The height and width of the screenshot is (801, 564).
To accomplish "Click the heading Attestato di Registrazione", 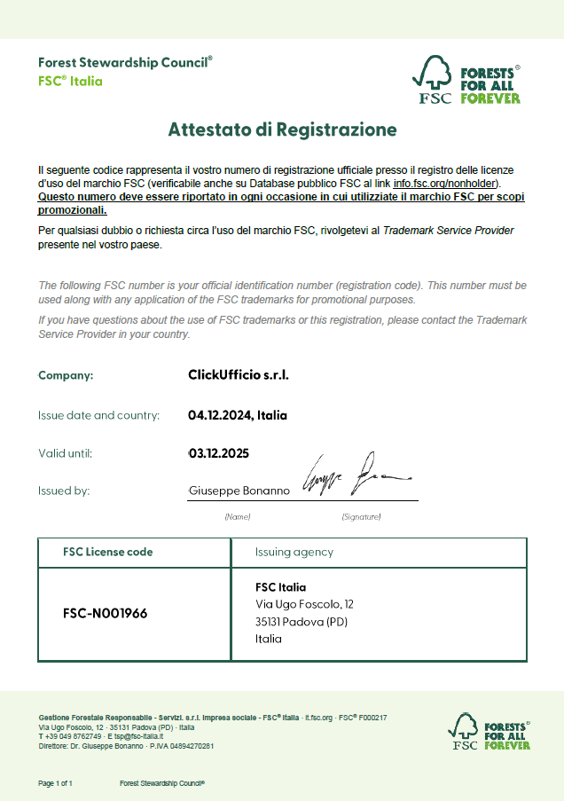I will click(x=282, y=130).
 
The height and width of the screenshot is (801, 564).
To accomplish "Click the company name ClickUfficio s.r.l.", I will click(x=239, y=374).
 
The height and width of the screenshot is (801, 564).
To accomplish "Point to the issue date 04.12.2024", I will click(x=221, y=415).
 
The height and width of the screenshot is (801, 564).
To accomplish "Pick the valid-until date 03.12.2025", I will click(x=219, y=453).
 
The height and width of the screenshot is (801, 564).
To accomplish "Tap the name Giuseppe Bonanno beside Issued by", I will click(x=239, y=491).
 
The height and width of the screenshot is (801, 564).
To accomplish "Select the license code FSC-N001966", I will click(x=105, y=613).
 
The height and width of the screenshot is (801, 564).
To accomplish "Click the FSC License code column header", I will click(x=107, y=552).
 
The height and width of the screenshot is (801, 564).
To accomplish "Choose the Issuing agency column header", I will click(x=294, y=552).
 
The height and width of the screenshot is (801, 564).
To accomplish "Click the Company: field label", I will click(x=66, y=375).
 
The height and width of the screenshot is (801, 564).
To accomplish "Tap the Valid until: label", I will click(x=65, y=453).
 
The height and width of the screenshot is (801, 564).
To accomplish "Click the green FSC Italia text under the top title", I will click(x=70, y=81).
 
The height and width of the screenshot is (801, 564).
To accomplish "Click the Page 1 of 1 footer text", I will click(x=55, y=784).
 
